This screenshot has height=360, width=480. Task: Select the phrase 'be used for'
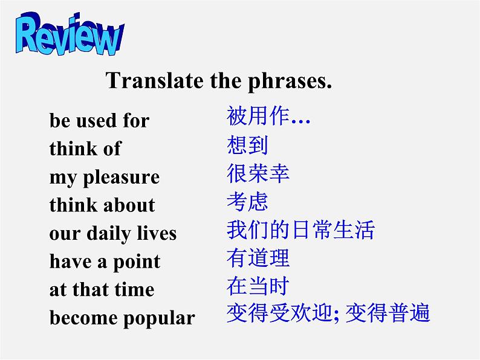coord(99,121)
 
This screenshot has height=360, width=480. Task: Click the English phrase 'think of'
coord(85,149)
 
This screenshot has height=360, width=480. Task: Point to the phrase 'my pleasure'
coord(105,177)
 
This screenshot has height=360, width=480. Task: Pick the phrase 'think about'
coord(102,205)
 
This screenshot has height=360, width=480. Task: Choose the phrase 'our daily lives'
coord(113,233)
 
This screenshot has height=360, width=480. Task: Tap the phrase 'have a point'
coord(105,262)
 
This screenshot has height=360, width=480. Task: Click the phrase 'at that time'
coord(102,290)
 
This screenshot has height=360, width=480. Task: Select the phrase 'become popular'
coord(122,318)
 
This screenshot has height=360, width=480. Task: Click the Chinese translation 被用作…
coord(268,116)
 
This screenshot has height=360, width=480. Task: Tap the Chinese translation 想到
coord(247,145)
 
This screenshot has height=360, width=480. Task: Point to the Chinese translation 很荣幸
coord(258,173)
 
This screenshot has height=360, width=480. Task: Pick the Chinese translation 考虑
coord(247,202)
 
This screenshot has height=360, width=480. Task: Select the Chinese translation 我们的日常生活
coord(300,230)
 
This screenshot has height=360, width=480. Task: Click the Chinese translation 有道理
coord(258,258)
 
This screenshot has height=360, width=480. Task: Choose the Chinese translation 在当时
coord(258,286)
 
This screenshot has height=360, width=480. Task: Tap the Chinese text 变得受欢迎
coord(279,313)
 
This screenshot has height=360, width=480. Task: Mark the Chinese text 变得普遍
coord(388,313)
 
